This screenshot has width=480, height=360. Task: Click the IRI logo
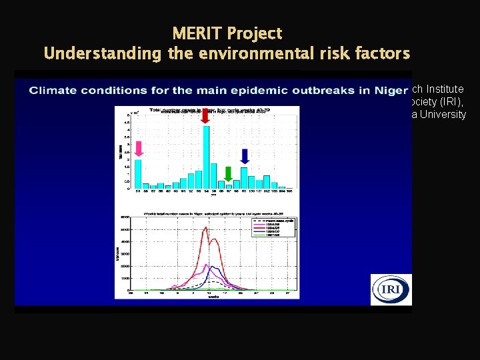(x=391, y=290)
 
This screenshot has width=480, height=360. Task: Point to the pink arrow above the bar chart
(x=139, y=148)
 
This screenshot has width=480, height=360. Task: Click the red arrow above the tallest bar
(x=205, y=117)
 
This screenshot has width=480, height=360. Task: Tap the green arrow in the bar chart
(x=229, y=174)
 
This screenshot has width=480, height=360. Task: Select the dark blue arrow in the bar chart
(x=244, y=156)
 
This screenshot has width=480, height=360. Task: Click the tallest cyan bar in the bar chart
(x=206, y=157)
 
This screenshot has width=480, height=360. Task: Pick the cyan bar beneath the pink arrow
(x=138, y=173)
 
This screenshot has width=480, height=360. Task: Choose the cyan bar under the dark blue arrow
(x=244, y=178)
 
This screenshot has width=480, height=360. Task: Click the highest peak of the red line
(x=207, y=228)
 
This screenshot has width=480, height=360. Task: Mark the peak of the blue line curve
(x=211, y=266)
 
